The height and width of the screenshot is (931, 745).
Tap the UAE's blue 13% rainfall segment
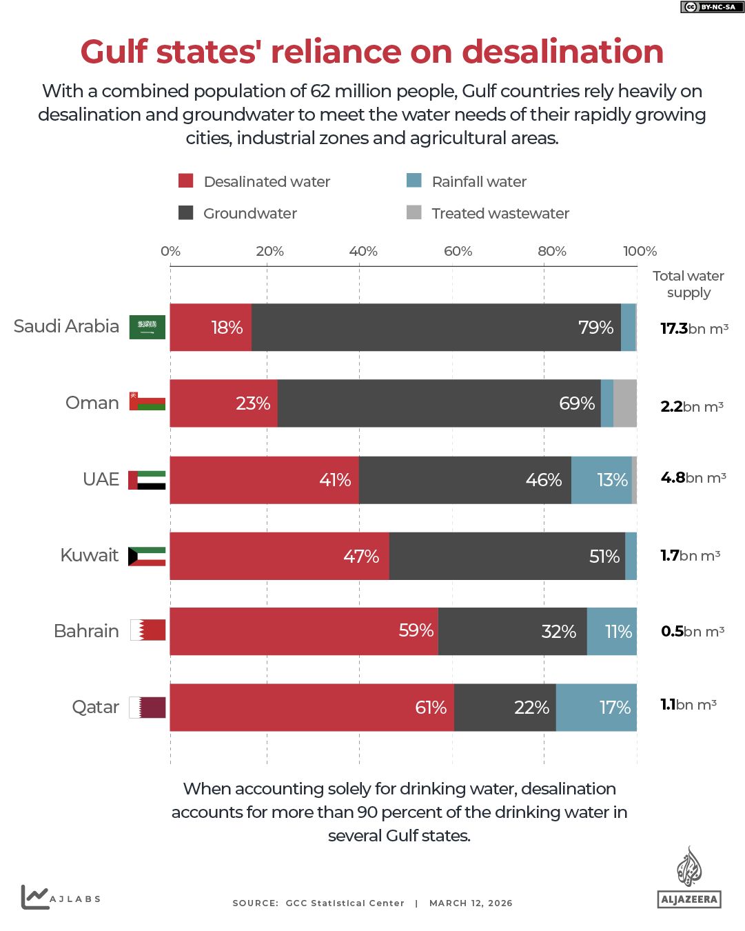coord(602,479)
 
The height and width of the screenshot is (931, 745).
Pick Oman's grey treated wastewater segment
coord(625,403)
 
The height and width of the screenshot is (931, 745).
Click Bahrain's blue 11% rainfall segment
coord(612,631)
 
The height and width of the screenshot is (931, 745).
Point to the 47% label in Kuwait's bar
coord(361,556)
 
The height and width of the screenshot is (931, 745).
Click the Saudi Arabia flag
coord(147,327)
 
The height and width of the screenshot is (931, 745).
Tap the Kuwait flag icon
coord(147,556)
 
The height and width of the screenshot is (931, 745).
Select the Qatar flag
coord(147,707)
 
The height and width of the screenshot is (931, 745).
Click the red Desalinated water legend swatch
coord(185,181)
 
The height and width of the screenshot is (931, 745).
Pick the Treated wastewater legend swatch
coord(414,212)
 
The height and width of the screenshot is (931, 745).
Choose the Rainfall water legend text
coord(479,181)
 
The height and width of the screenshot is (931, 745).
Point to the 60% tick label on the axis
coord(458,251)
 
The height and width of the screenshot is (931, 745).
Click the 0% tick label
coord(170,251)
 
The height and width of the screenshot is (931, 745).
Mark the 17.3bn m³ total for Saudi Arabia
coord(694,328)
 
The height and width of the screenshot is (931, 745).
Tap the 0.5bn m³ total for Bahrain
coord(692,631)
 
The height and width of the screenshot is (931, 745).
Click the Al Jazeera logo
coord(688,877)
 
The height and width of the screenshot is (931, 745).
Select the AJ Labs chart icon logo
coord(34,897)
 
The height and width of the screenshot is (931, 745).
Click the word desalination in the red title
coord(562,52)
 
